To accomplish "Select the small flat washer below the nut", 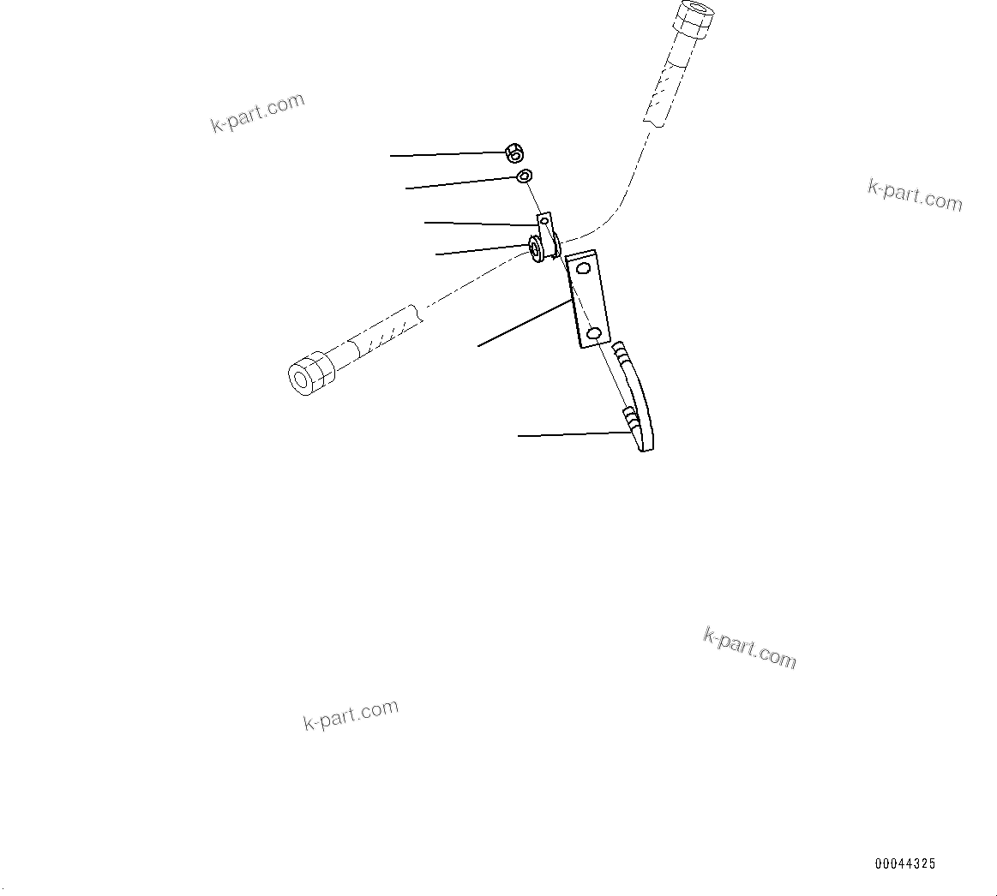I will (525, 176).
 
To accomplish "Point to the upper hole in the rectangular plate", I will (584, 269).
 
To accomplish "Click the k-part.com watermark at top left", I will (257, 113).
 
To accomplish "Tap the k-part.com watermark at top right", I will (915, 195).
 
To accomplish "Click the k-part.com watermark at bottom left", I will (351, 715).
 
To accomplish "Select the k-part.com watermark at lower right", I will (749, 648).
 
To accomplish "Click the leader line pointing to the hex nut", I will (446, 154).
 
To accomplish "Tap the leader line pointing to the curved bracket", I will (570, 435).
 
